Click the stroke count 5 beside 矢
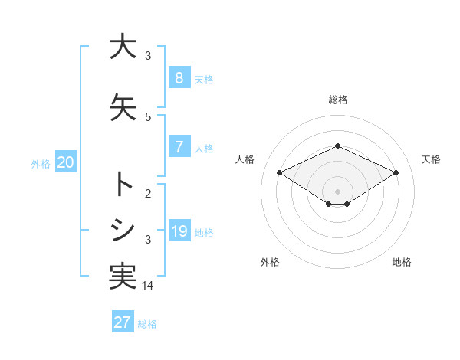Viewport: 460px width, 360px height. pyautogui.click(x=148, y=117)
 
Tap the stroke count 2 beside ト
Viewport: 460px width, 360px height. pyautogui.click(x=148, y=194)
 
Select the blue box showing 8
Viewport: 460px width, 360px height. pyautogui.click(x=179, y=77)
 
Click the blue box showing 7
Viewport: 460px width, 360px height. pyautogui.click(x=179, y=146)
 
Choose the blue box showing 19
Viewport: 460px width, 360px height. pyautogui.click(x=179, y=231)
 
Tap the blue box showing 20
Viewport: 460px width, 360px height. pyautogui.click(x=65, y=162)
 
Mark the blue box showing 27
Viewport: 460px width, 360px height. pyautogui.click(x=123, y=322)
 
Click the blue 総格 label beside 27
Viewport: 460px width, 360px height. pyautogui.click(x=147, y=324)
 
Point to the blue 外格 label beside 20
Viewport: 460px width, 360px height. pyautogui.click(x=41, y=163)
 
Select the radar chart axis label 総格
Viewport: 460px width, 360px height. pyautogui.click(x=337, y=100)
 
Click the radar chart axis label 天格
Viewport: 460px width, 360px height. pyautogui.click(x=431, y=159)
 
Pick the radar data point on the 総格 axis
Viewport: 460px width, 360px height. pyautogui.click(x=337, y=145)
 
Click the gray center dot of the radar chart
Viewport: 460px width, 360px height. pyautogui.click(x=337, y=191)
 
